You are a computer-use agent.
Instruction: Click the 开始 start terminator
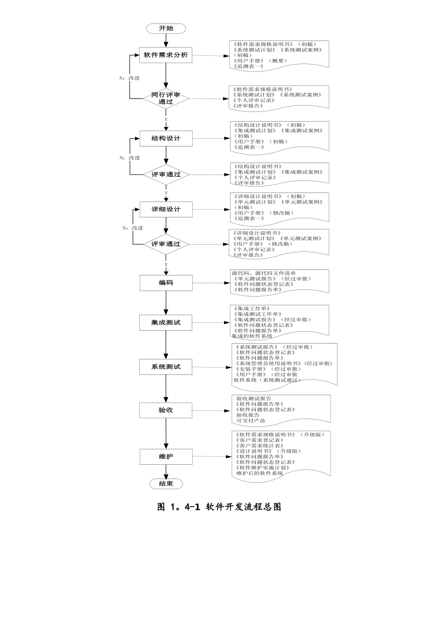pos(166,29)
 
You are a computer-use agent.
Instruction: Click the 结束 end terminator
pos(166,484)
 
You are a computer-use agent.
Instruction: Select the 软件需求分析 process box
pos(166,55)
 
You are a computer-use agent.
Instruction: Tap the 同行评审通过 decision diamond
pos(166,98)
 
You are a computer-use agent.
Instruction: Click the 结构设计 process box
pos(166,138)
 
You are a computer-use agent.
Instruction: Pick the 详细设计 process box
pos(166,209)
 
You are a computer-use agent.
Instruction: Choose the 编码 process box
pos(166,283)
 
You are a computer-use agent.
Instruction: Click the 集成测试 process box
pos(166,322)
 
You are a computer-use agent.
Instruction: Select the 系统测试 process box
pos(166,367)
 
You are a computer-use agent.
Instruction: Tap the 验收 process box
pos(166,410)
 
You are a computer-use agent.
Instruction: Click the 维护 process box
pos(166,456)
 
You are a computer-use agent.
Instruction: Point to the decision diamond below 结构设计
pos(166,175)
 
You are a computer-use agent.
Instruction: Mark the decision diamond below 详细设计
pos(166,244)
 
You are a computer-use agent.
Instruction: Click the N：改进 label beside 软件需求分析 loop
pos(130,78)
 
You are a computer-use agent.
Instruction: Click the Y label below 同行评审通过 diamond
pos(166,120)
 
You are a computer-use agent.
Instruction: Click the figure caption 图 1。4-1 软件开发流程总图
pos(219,507)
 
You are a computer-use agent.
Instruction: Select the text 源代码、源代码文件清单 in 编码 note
pos(264,273)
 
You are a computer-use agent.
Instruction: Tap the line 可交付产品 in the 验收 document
pos(251,420)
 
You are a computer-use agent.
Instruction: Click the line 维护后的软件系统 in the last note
pos(260,473)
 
